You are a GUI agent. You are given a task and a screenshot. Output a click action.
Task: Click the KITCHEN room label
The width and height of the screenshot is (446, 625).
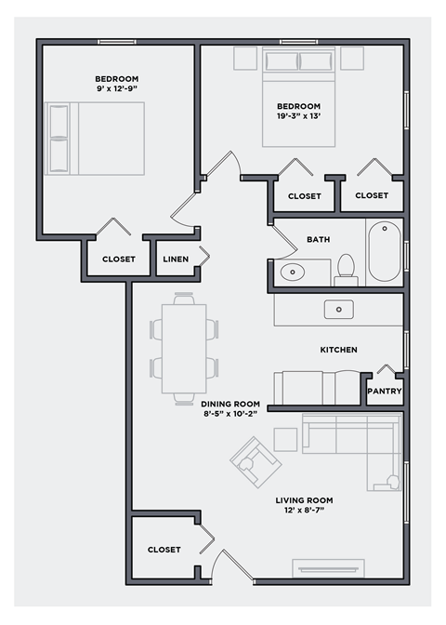(338, 350)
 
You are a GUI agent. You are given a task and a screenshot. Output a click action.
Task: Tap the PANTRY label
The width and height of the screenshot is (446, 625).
(384, 392)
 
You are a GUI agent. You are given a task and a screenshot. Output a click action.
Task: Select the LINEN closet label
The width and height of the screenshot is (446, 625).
(177, 259)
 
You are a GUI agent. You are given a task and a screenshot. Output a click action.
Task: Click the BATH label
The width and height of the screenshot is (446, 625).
(318, 240)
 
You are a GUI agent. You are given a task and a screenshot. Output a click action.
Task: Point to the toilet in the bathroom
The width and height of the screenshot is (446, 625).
(347, 268)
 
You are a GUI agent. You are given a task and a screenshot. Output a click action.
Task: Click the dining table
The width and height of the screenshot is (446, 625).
(184, 344)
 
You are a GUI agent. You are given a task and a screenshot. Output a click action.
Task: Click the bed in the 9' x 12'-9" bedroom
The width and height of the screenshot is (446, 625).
(98, 138)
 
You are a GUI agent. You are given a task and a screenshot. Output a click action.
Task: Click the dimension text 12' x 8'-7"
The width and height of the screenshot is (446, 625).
(304, 511)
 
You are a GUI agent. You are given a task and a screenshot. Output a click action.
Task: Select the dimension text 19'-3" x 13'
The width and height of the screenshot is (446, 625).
(298, 117)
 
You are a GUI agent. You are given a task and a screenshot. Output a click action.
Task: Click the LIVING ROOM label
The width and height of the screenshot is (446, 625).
(304, 500)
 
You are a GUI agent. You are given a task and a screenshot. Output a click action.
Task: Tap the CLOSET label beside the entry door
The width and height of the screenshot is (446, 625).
(164, 550)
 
